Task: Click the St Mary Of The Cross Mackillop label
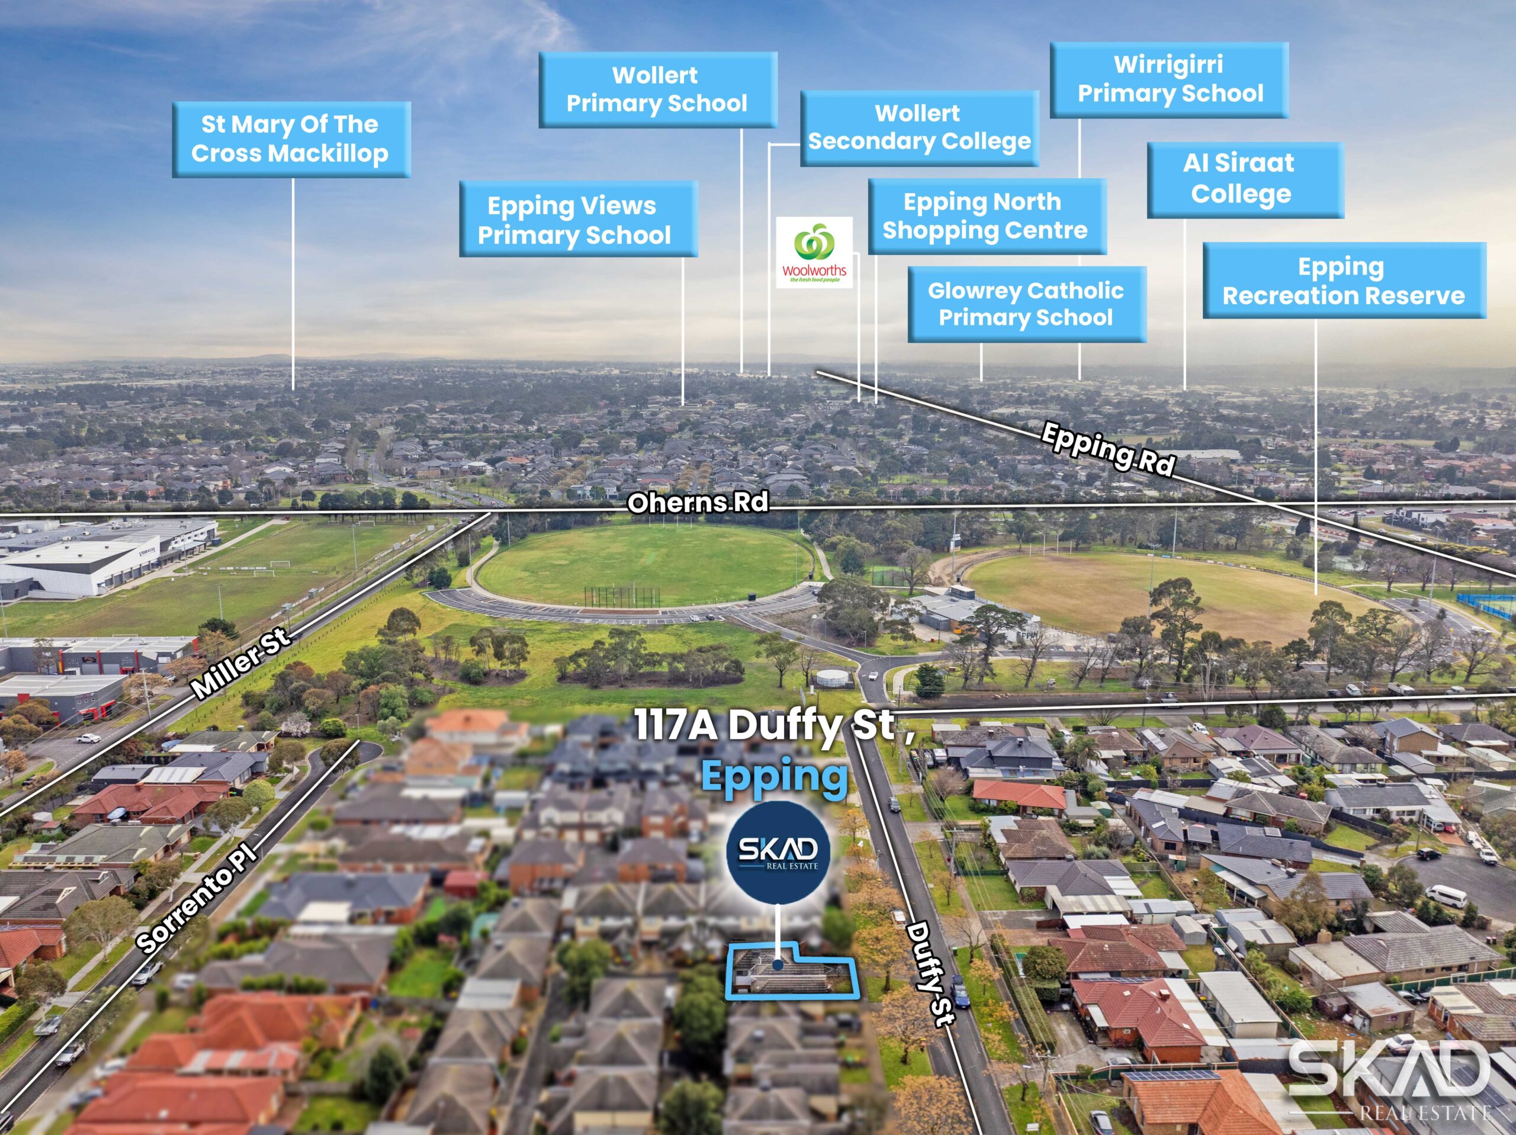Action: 291,139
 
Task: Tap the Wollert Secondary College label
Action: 919,128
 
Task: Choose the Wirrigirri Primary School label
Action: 1169,79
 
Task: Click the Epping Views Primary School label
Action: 578,219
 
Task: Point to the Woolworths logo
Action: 814,252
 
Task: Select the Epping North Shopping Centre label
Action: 986,217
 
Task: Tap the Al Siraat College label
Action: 1244,179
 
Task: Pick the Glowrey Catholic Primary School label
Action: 1026,304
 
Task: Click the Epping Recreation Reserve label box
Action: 1344,280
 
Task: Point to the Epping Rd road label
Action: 1108,449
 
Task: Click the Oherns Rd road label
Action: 698,503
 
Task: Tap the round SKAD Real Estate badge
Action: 778,852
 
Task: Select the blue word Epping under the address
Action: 775,777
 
